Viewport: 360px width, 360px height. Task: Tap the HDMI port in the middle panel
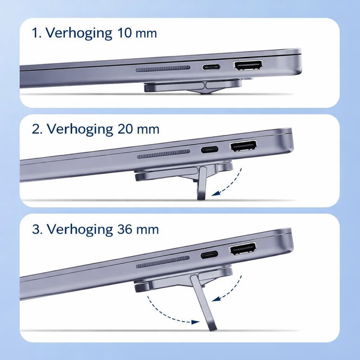point(244,146)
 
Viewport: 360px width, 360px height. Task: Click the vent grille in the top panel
point(163,69)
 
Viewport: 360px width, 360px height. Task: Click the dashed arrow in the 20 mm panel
point(231,183)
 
